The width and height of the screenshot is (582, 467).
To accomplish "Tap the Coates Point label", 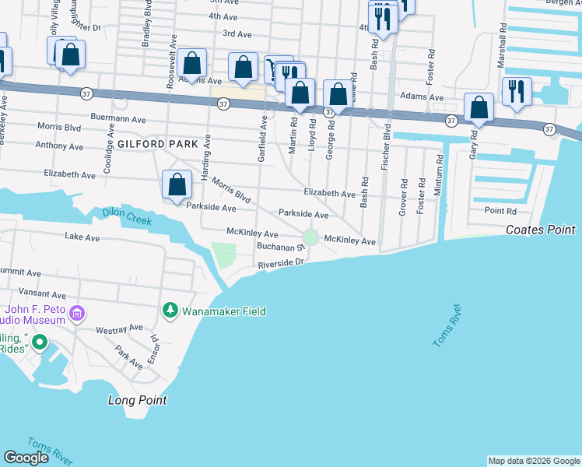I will coord(540,230).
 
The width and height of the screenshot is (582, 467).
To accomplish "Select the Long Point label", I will coord(137,400).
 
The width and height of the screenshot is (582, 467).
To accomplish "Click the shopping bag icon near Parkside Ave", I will coord(177,184).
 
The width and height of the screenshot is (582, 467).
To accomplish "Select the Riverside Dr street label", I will coord(281,265).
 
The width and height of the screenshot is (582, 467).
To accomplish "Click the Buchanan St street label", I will coord(279,248).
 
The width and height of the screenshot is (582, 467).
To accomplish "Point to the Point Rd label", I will coord(500,211).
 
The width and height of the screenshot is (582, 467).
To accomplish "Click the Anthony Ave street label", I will coord(59,146).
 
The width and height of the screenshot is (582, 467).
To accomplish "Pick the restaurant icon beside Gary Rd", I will coord(517,92).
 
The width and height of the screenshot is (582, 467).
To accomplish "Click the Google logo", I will coord(26,458).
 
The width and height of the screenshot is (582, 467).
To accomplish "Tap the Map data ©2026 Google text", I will coord(534,461).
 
